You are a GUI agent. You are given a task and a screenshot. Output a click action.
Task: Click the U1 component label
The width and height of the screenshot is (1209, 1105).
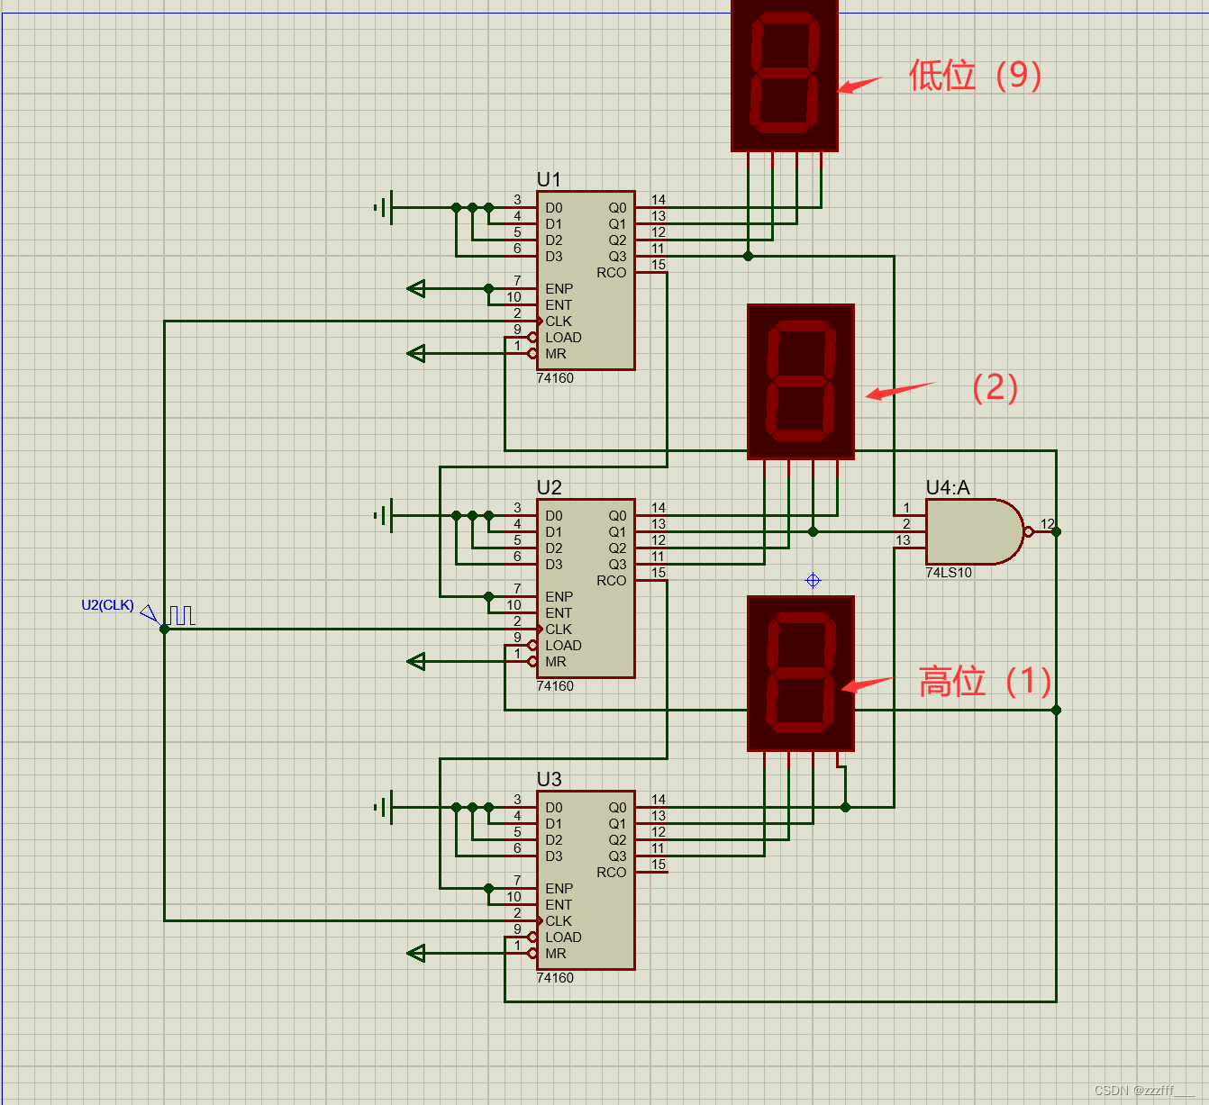[x=549, y=179]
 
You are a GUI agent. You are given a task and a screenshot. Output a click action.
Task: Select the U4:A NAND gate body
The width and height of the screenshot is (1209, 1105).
[x=973, y=531]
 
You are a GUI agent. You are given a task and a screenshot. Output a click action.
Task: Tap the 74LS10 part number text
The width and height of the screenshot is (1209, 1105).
[x=949, y=573]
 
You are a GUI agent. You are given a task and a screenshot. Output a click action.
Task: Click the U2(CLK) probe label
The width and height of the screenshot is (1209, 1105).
[x=107, y=605]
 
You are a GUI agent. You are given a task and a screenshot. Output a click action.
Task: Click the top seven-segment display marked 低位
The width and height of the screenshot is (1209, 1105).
[x=785, y=76]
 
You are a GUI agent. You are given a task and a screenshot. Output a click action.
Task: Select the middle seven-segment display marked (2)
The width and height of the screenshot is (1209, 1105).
[x=801, y=382]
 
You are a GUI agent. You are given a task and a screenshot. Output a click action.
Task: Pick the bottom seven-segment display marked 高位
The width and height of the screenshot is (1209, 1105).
[x=801, y=673]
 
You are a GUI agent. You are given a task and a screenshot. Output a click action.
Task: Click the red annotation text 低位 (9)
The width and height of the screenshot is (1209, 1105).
[x=975, y=76]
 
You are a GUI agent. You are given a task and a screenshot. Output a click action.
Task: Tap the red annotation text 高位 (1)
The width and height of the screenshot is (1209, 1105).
[x=985, y=682]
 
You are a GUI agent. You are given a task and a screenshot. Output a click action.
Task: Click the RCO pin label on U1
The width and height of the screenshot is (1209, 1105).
[x=611, y=273]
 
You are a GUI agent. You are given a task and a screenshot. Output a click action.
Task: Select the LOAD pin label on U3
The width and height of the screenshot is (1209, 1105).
[x=563, y=937]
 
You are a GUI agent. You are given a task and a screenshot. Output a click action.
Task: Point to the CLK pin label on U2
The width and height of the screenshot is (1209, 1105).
[x=559, y=629]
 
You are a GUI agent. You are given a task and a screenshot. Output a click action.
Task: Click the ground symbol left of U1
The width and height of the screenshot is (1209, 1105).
[x=384, y=208]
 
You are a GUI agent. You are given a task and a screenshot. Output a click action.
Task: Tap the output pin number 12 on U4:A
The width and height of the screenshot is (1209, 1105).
[x=1047, y=523]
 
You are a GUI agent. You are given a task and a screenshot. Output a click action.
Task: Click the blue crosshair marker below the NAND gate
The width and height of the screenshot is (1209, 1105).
[x=813, y=581]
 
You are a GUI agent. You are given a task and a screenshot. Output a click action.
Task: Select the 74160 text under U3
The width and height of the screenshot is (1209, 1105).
[x=555, y=978]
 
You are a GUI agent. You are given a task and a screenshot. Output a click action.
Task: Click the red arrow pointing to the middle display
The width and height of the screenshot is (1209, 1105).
[x=898, y=390]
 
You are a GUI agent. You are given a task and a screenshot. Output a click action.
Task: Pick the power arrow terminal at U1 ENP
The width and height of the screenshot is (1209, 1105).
[x=416, y=289]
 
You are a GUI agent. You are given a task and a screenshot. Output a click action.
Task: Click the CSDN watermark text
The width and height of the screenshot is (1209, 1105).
[x=1142, y=1091]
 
